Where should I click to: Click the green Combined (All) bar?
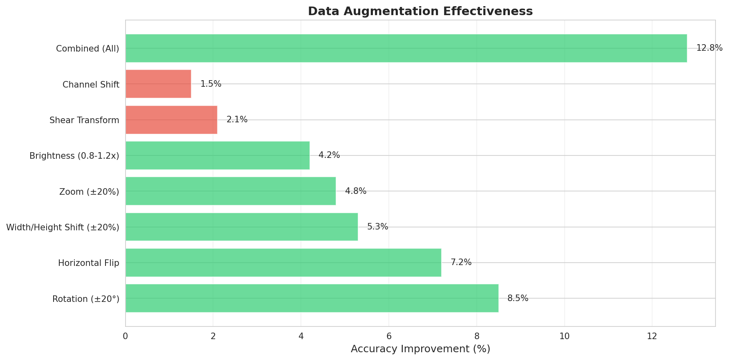point(406,48)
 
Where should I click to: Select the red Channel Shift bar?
point(158,84)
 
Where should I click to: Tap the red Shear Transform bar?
point(171,120)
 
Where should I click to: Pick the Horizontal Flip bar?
point(283,263)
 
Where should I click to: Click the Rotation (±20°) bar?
point(312,298)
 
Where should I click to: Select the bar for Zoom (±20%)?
point(230,191)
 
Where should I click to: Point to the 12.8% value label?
point(709,48)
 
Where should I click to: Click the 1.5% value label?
point(211,84)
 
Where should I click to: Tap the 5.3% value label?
point(377,227)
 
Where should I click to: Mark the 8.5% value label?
point(518,299)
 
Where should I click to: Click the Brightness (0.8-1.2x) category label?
point(74,156)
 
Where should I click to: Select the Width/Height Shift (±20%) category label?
point(63,227)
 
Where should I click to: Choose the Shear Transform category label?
point(84,120)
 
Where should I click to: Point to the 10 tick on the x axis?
point(564,336)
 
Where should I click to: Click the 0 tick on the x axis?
point(126,336)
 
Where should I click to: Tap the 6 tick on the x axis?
point(389,336)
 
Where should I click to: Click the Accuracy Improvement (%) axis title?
point(420,349)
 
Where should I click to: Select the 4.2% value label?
point(329,155)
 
